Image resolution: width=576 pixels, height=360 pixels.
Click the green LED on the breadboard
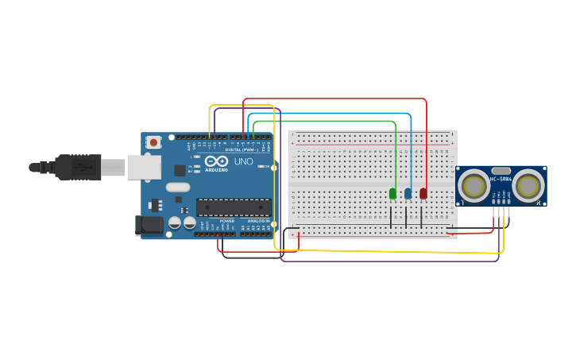pos(392,193)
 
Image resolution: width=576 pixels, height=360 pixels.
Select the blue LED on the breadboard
pos(408,193)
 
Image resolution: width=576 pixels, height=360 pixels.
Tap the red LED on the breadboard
pos(423,193)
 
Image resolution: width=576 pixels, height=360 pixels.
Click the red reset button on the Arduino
pos(153,142)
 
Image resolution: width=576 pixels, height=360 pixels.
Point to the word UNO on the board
pos(244,161)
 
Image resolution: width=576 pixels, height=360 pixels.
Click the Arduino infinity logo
pos(215,161)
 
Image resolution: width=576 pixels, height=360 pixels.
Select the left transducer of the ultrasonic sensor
pos(474,186)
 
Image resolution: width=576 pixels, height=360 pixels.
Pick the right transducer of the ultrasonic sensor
pos(528,186)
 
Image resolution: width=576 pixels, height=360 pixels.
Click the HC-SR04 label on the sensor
pos(501,178)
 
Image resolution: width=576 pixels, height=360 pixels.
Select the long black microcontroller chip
pos(234,207)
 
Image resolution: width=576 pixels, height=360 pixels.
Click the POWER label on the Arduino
pos(226,220)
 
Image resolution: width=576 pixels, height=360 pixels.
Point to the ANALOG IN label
pos(259,220)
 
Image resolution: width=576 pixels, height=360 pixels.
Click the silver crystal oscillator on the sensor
pos(501,170)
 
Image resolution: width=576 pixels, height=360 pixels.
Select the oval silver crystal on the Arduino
pos(178,188)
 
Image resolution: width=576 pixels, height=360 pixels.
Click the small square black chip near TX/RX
pos(180,169)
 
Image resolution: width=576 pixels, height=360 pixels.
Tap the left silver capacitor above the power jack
pos(175,223)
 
